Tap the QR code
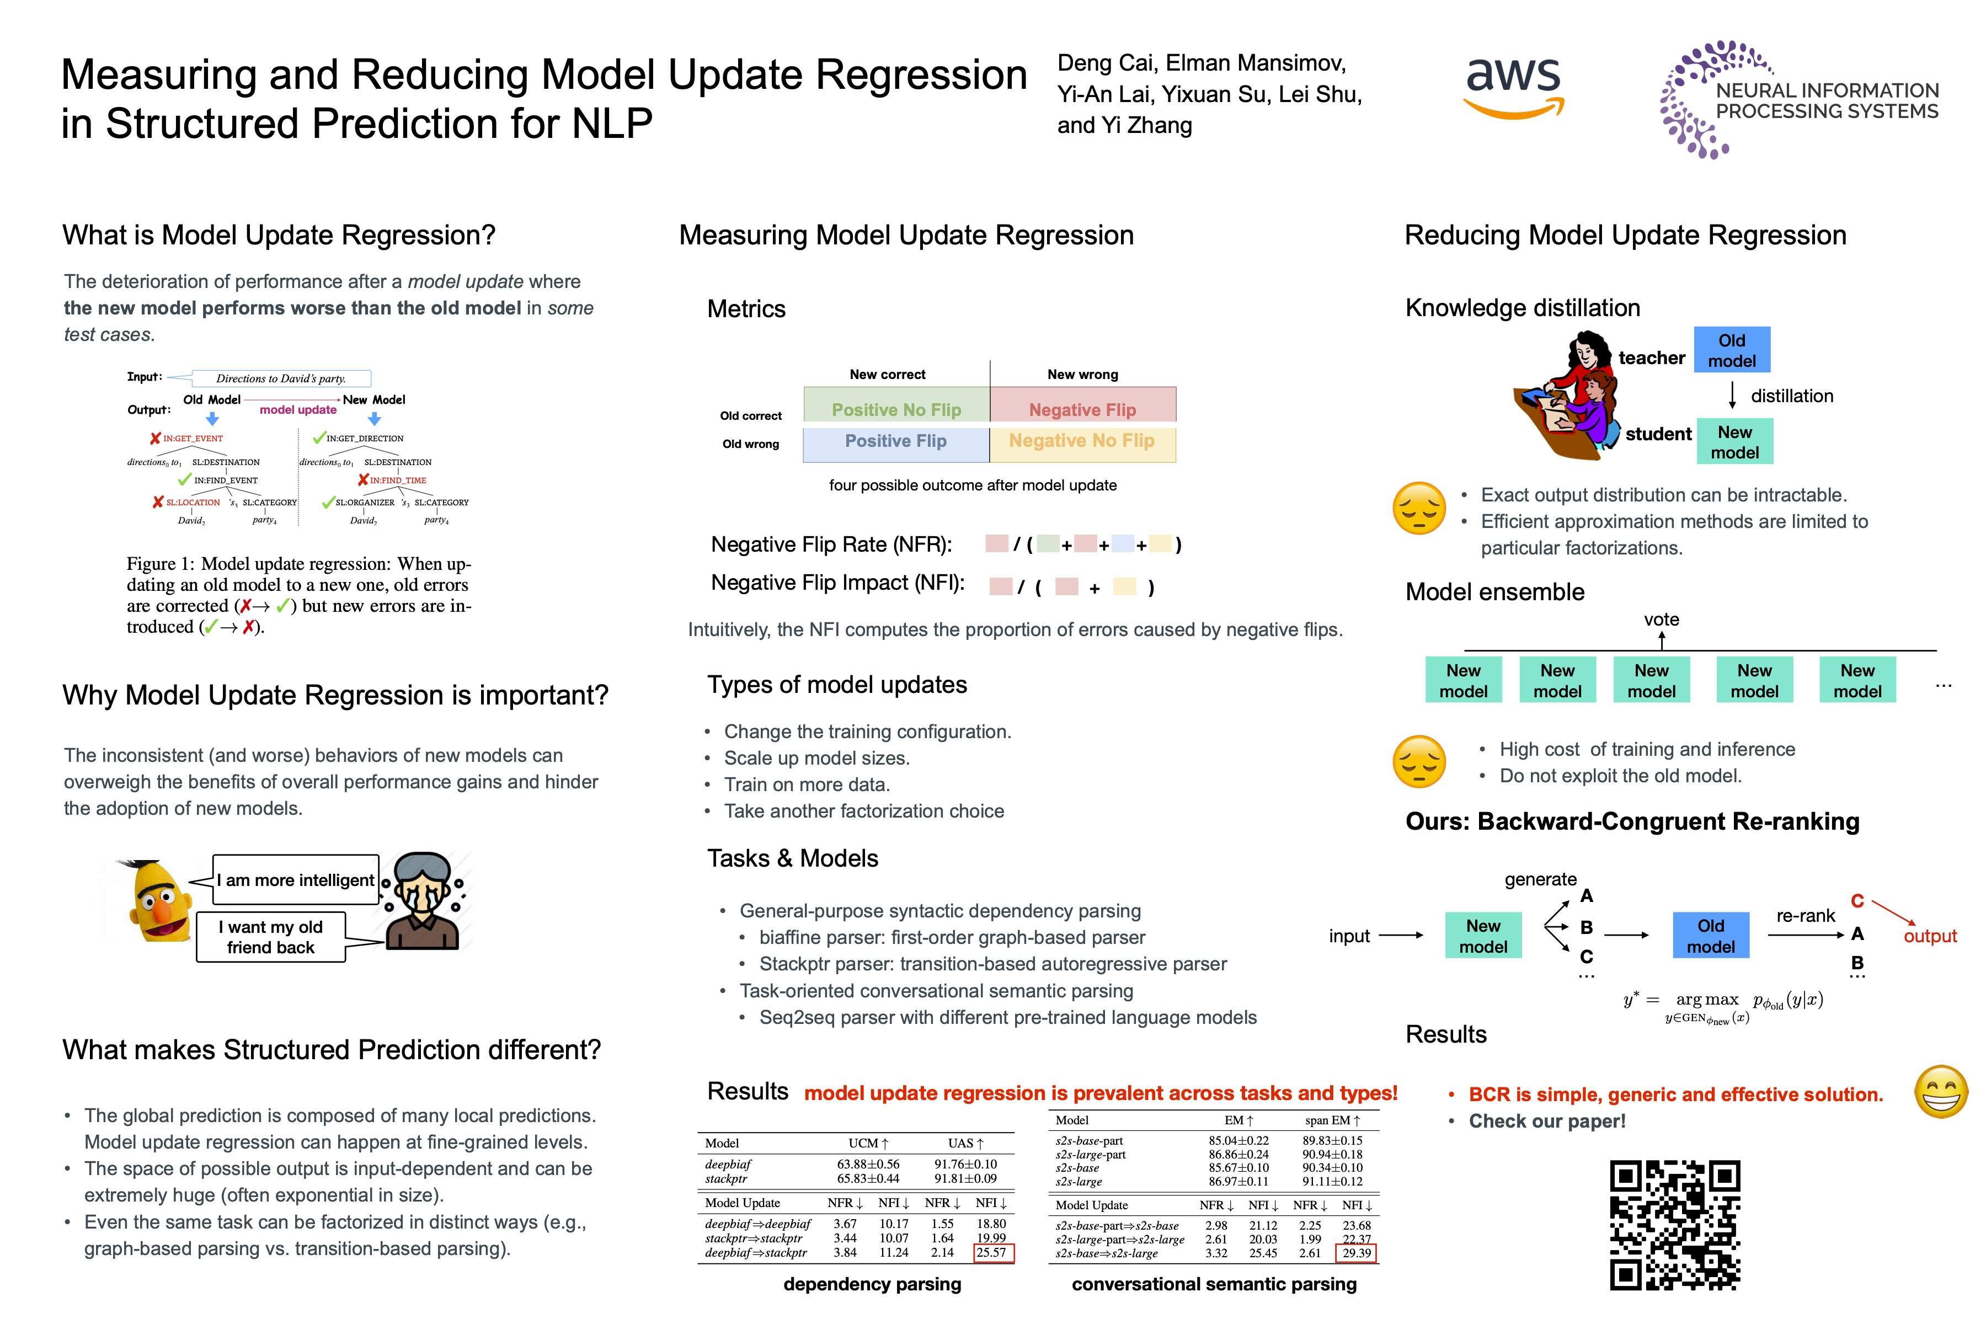(x=1674, y=1224)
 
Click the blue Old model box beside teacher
(x=1731, y=350)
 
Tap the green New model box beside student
(x=1734, y=442)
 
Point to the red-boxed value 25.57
(x=992, y=1252)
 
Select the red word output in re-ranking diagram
(x=1929, y=936)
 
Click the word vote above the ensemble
(x=1661, y=620)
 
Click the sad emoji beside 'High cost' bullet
(x=1418, y=762)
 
